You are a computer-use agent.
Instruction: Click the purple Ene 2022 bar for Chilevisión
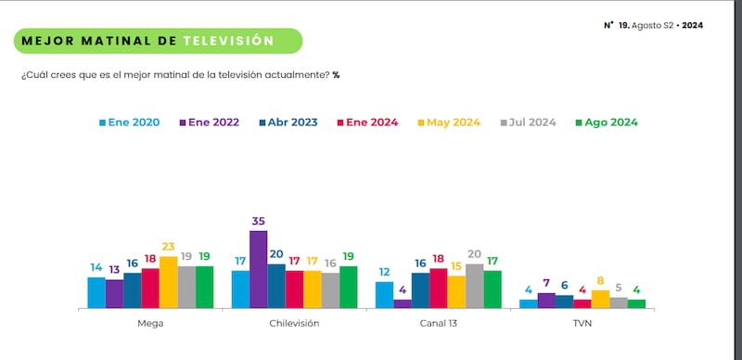pos(258,269)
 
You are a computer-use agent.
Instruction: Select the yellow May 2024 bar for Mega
pos(168,282)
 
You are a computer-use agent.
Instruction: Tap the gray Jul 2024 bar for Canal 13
pos(474,286)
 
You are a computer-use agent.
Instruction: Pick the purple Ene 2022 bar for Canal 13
pos(402,303)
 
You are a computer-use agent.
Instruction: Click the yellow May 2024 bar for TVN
pos(600,299)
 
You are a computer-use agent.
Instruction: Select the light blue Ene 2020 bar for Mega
pos(96,292)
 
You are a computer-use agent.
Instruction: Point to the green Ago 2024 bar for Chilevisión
pos(348,287)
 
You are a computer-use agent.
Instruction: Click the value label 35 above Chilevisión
pos(258,222)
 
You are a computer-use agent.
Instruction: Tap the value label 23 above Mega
pos(168,248)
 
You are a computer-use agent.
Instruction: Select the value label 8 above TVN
pos(600,281)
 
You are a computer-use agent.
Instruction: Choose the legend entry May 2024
pos(454,122)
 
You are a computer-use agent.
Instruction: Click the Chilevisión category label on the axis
pos(294,324)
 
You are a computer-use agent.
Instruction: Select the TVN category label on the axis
pos(582,324)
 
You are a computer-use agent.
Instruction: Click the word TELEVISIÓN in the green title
pos(228,41)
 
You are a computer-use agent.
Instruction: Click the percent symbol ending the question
pos(336,74)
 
